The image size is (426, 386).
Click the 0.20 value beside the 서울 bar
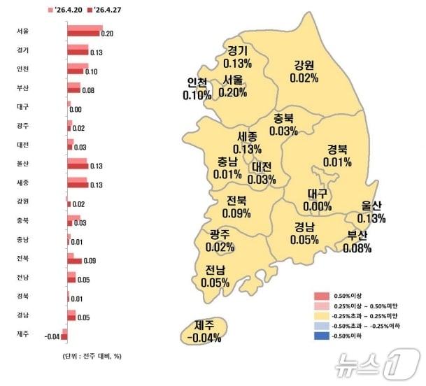point(107,34)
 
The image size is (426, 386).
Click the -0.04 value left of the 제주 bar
point(52,337)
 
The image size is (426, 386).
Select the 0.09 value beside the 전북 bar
point(90,261)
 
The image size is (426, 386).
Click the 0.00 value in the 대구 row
point(76,110)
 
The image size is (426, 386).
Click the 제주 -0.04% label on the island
point(204,331)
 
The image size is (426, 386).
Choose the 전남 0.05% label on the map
point(215,276)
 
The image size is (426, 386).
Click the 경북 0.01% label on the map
point(337,156)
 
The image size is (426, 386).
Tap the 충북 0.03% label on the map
point(283,124)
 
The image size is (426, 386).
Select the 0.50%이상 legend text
point(353,295)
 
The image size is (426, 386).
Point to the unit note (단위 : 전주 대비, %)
point(87,356)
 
